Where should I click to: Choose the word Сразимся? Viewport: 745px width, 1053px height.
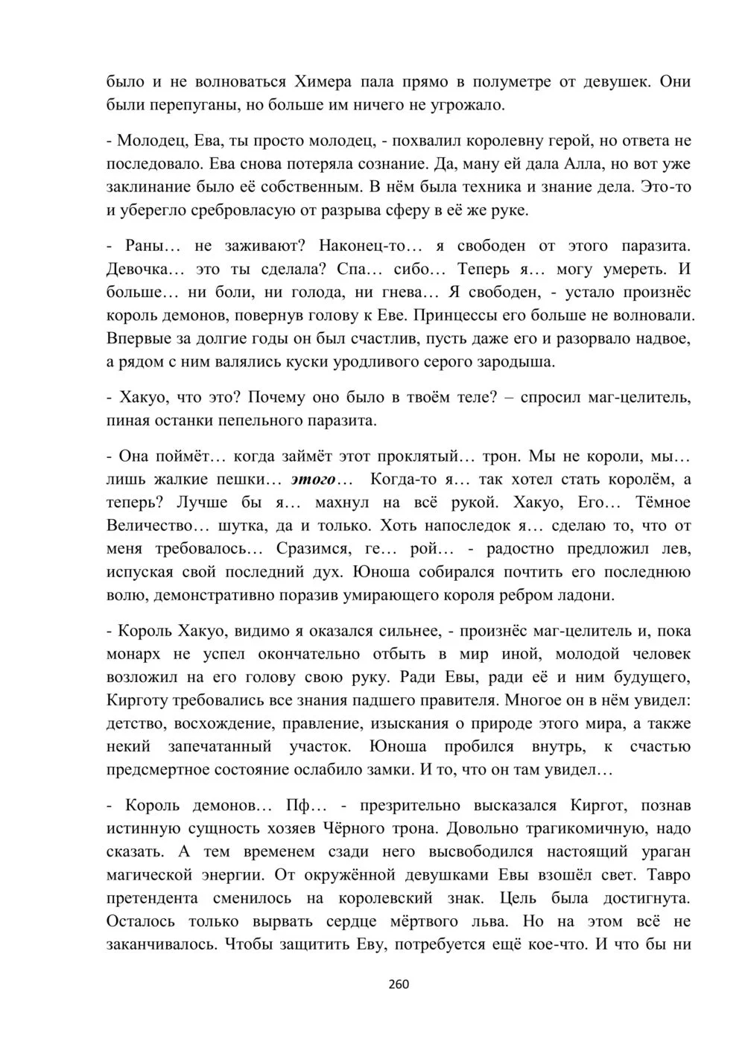[308, 549]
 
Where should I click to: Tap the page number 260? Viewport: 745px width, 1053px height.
[399, 984]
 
